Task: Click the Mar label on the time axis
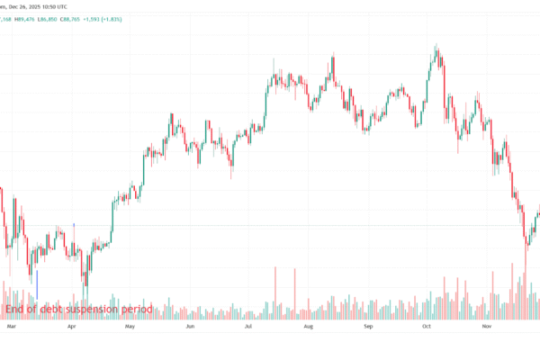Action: [x=11, y=328]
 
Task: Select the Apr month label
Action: [x=72, y=328]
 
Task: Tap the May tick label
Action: [x=130, y=328]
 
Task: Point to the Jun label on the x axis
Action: [x=190, y=328]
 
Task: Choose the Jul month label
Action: [x=247, y=328]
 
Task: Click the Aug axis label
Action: [x=308, y=328]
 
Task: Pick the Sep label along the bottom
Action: [x=368, y=328]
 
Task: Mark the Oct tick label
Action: [x=427, y=328]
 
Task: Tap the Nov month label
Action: [x=487, y=328]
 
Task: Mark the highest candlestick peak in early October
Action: [x=436, y=45]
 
